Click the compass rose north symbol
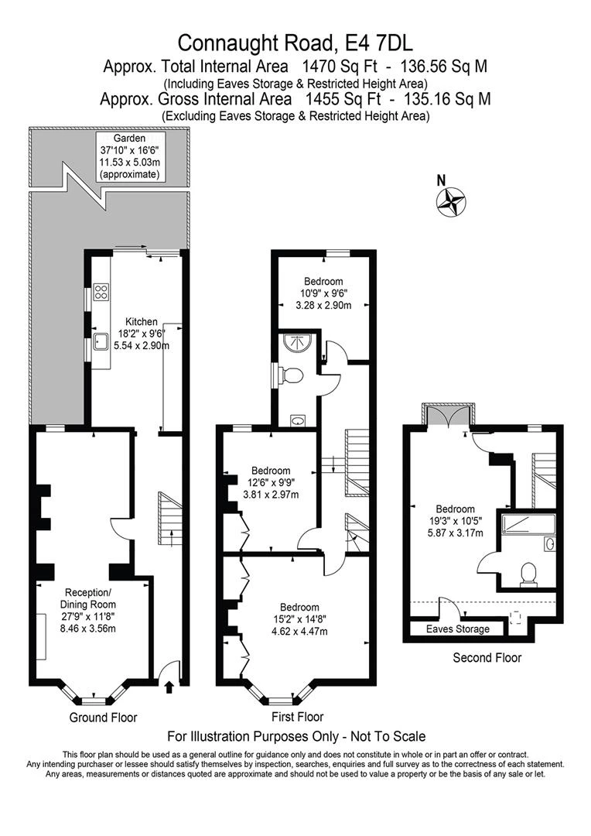(x=451, y=202)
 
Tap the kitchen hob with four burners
(x=101, y=291)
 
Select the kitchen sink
(x=101, y=342)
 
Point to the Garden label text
(x=129, y=139)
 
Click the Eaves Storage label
(x=458, y=629)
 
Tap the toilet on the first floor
(x=292, y=375)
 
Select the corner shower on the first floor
(x=297, y=342)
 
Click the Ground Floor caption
(x=104, y=718)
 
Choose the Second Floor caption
(x=487, y=658)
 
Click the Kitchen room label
(x=142, y=322)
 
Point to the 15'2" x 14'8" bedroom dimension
(x=299, y=619)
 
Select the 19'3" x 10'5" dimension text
(x=455, y=521)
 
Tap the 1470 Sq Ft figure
(x=340, y=67)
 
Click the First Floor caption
(x=297, y=717)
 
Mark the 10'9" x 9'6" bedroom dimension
(x=323, y=293)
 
